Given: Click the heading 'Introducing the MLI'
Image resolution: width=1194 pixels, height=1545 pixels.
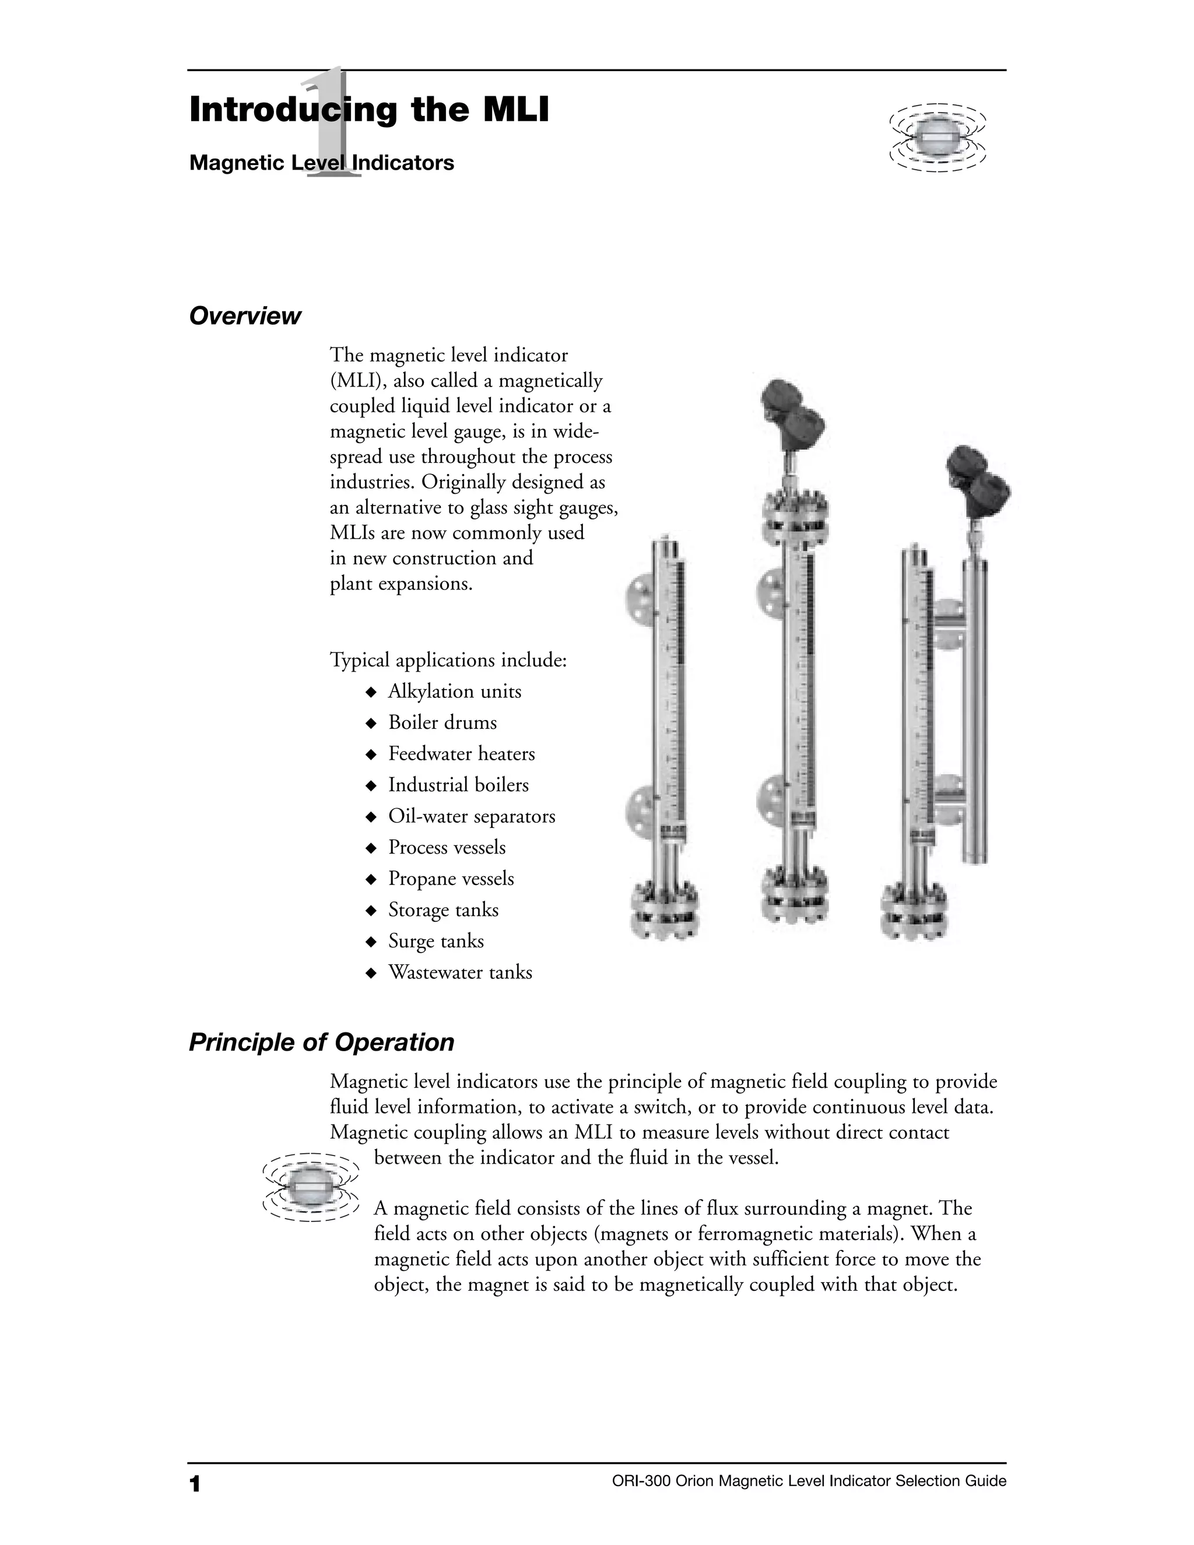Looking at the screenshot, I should point(368,110).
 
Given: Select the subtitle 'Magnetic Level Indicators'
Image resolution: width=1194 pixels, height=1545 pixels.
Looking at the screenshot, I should point(321,163).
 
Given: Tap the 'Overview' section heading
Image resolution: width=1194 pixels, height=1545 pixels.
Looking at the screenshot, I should point(245,315).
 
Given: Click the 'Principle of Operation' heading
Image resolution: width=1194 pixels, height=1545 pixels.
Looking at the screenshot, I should point(321,1042).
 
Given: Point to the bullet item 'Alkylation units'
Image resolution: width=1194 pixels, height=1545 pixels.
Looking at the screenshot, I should point(454,691).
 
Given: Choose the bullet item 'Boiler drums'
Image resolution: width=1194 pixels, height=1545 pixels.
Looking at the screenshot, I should point(442,722).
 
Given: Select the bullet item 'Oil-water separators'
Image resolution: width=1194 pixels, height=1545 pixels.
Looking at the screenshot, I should point(471,816).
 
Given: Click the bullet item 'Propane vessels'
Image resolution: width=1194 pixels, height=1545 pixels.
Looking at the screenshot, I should point(451,878).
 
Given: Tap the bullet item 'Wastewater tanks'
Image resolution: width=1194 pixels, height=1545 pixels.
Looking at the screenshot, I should point(460,972).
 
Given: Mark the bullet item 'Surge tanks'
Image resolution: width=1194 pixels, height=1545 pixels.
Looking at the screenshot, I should point(436,941).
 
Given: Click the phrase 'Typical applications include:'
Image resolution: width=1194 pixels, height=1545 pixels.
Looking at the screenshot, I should point(448,660).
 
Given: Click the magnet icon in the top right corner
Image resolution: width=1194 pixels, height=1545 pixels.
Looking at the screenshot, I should point(937,139).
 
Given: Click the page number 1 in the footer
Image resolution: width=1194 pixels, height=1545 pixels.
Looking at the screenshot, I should point(195,1483).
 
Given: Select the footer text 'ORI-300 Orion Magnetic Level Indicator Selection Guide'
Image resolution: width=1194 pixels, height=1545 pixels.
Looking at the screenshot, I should point(809,1481).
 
